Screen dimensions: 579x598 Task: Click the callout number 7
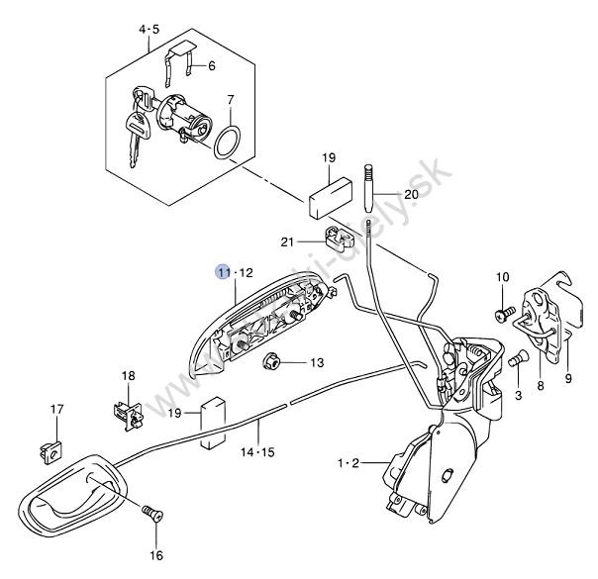pyautogui.click(x=230, y=100)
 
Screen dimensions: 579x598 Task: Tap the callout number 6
pyautogui.click(x=211, y=66)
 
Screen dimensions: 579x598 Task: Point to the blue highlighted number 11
pyautogui.click(x=224, y=272)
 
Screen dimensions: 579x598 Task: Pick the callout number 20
pyautogui.click(x=411, y=194)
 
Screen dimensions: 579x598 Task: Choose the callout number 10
pyautogui.click(x=502, y=276)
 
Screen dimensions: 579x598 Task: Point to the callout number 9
pyautogui.click(x=568, y=378)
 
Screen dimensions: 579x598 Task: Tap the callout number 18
pyautogui.click(x=128, y=376)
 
